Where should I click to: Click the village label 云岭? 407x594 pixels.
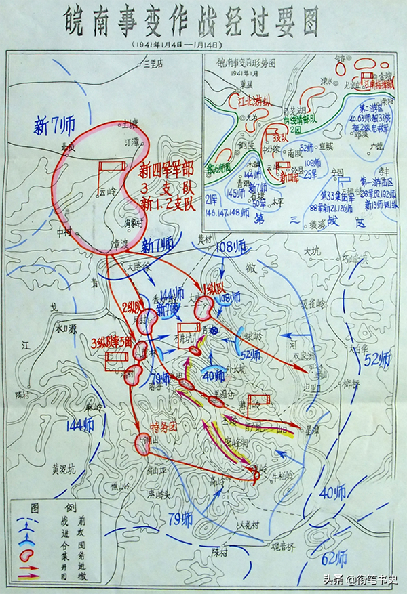coord(107,192)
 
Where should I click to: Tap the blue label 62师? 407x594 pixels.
coord(334,559)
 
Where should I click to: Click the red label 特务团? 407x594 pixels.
coord(163,427)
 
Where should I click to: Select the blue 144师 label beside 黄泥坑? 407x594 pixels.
coord(81,425)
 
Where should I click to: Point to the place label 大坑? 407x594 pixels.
coord(313,251)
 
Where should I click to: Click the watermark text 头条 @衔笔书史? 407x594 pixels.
coord(360,580)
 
